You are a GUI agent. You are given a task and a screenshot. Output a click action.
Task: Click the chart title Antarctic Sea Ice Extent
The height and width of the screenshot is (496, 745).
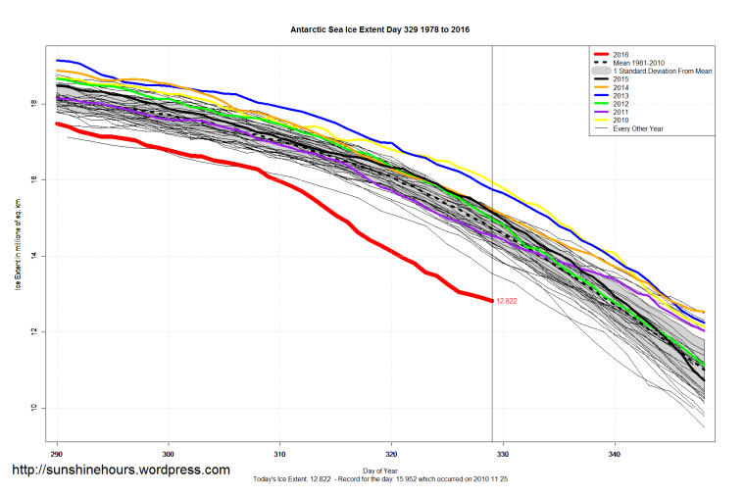[379, 29]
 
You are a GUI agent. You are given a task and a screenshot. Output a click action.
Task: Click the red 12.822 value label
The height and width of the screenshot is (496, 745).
[506, 301]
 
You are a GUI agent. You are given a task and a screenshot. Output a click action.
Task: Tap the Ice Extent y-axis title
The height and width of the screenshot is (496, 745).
[17, 242]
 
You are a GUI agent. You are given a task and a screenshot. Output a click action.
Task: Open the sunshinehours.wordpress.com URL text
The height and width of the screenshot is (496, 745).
[120, 470]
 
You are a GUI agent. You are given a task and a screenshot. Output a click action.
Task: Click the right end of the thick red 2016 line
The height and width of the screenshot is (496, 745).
[492, 300]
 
